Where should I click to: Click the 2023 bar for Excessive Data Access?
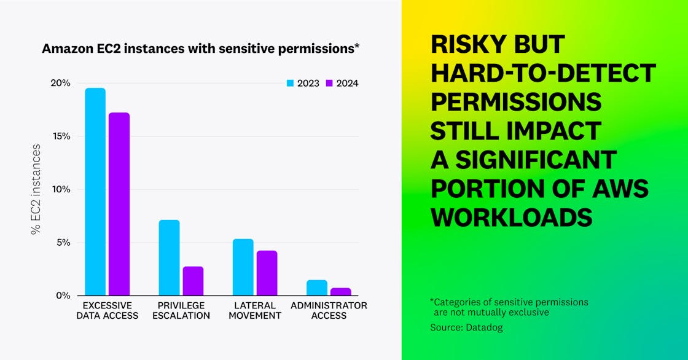(95, 192)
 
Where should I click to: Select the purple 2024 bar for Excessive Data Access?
(119, 204)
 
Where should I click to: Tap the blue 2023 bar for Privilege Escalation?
(169, 257)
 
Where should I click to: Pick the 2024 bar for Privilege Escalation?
(193, 281)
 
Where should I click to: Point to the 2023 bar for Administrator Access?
(316, 288)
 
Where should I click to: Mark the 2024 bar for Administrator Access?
(340, 291)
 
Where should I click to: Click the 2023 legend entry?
(303, 84)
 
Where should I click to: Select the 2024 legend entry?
(342, 84)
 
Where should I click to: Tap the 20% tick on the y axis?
(60, 84)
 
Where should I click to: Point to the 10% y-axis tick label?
(60, 189)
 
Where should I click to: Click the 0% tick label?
(63, 295)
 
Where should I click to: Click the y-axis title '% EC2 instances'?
(36, 189)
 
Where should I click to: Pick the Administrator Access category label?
(329, 310)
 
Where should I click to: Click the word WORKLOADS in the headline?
(512, 217)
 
